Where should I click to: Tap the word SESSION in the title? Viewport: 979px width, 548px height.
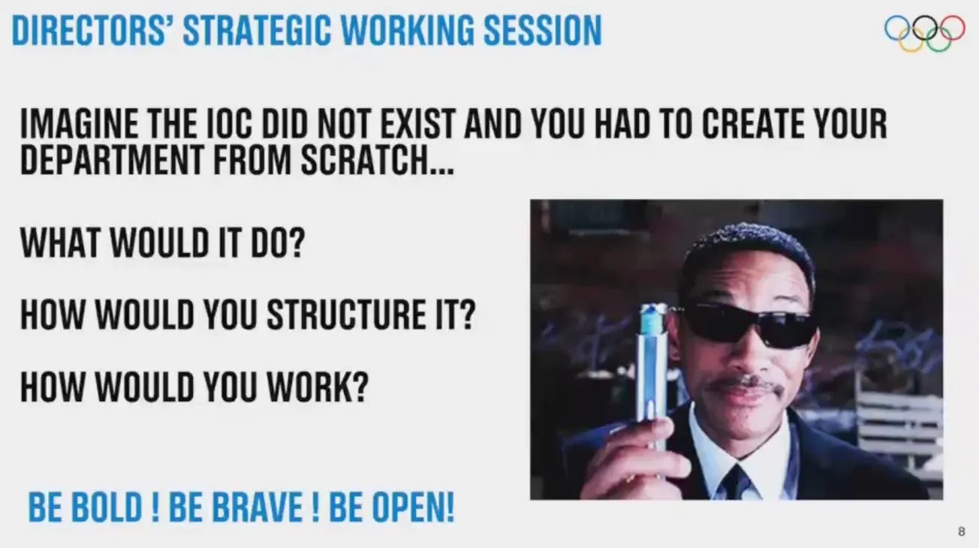click(x=542, y=31)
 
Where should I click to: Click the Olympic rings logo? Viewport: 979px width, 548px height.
click(x=924, y=33)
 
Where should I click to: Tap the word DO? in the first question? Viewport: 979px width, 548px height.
click(x=278, y=242)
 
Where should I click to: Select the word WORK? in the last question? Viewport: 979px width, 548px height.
click(x=318, y=387)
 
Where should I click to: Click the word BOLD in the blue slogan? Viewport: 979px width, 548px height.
click(x=107, y=507)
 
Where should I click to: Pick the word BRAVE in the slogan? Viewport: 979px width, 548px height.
click(x=257, y=507)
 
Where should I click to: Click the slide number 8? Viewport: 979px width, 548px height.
click(x=962, y=531)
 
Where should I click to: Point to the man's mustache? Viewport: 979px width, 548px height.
click(x=746, y=385)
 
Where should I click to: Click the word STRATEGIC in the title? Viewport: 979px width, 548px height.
click(x=257, y=31)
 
